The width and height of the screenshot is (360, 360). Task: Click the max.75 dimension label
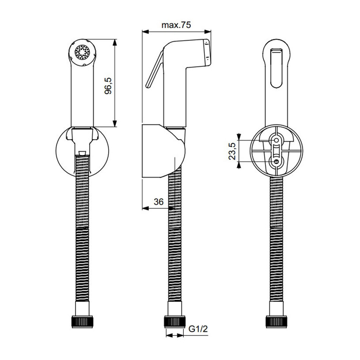176,25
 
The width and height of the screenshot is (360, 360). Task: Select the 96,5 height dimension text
108,86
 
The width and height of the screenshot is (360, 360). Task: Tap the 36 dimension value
159,202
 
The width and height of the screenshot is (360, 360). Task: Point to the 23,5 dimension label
232,151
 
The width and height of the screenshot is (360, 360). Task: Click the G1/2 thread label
198,329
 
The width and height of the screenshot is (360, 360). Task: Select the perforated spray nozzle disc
82,52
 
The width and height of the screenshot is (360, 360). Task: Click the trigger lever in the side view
155,69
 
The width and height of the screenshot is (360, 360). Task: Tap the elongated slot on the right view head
276,68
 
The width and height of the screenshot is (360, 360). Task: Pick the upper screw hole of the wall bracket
277,140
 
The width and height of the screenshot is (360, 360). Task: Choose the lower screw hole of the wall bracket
277,162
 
